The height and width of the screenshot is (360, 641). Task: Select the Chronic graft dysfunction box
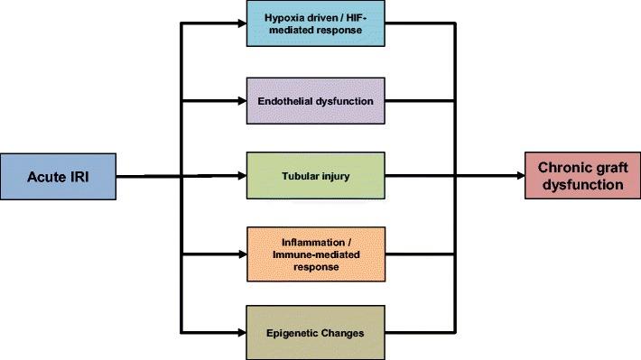coord(581,175)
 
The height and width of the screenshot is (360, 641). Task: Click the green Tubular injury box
coord(315,175)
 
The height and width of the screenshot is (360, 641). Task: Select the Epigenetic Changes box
coord(315,332)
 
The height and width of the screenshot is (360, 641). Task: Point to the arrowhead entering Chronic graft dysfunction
coord(518,175)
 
